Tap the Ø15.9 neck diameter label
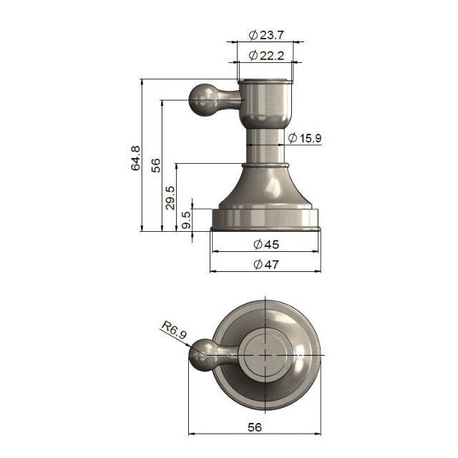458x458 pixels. (306, 137)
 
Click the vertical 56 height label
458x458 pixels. (155, 165)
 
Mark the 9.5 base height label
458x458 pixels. (187, 220)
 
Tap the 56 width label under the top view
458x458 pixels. (254, 427)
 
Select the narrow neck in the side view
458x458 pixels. (265, 146)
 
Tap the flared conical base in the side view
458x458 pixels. (265, 190)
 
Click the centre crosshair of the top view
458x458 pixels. (265, 355)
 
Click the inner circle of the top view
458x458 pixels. (265, 355)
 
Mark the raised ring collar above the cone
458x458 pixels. (265, 166)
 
